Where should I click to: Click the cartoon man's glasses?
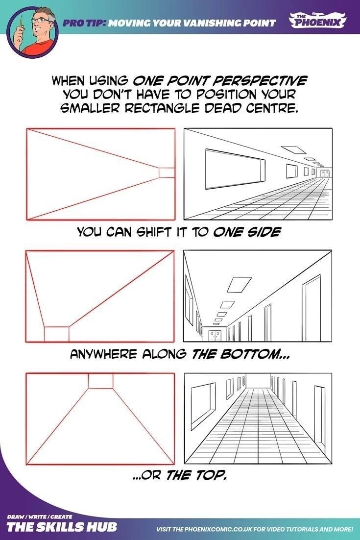tap(43, 20)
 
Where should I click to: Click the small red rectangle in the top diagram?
tap(167, 172)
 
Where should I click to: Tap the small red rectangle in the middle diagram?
tap(56, 334)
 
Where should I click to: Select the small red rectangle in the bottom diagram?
tap(100, 381)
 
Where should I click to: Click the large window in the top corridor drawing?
tap(236, 169)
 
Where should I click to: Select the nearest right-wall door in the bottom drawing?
tap(320, 419)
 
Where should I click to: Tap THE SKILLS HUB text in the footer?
tap(62, 527)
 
